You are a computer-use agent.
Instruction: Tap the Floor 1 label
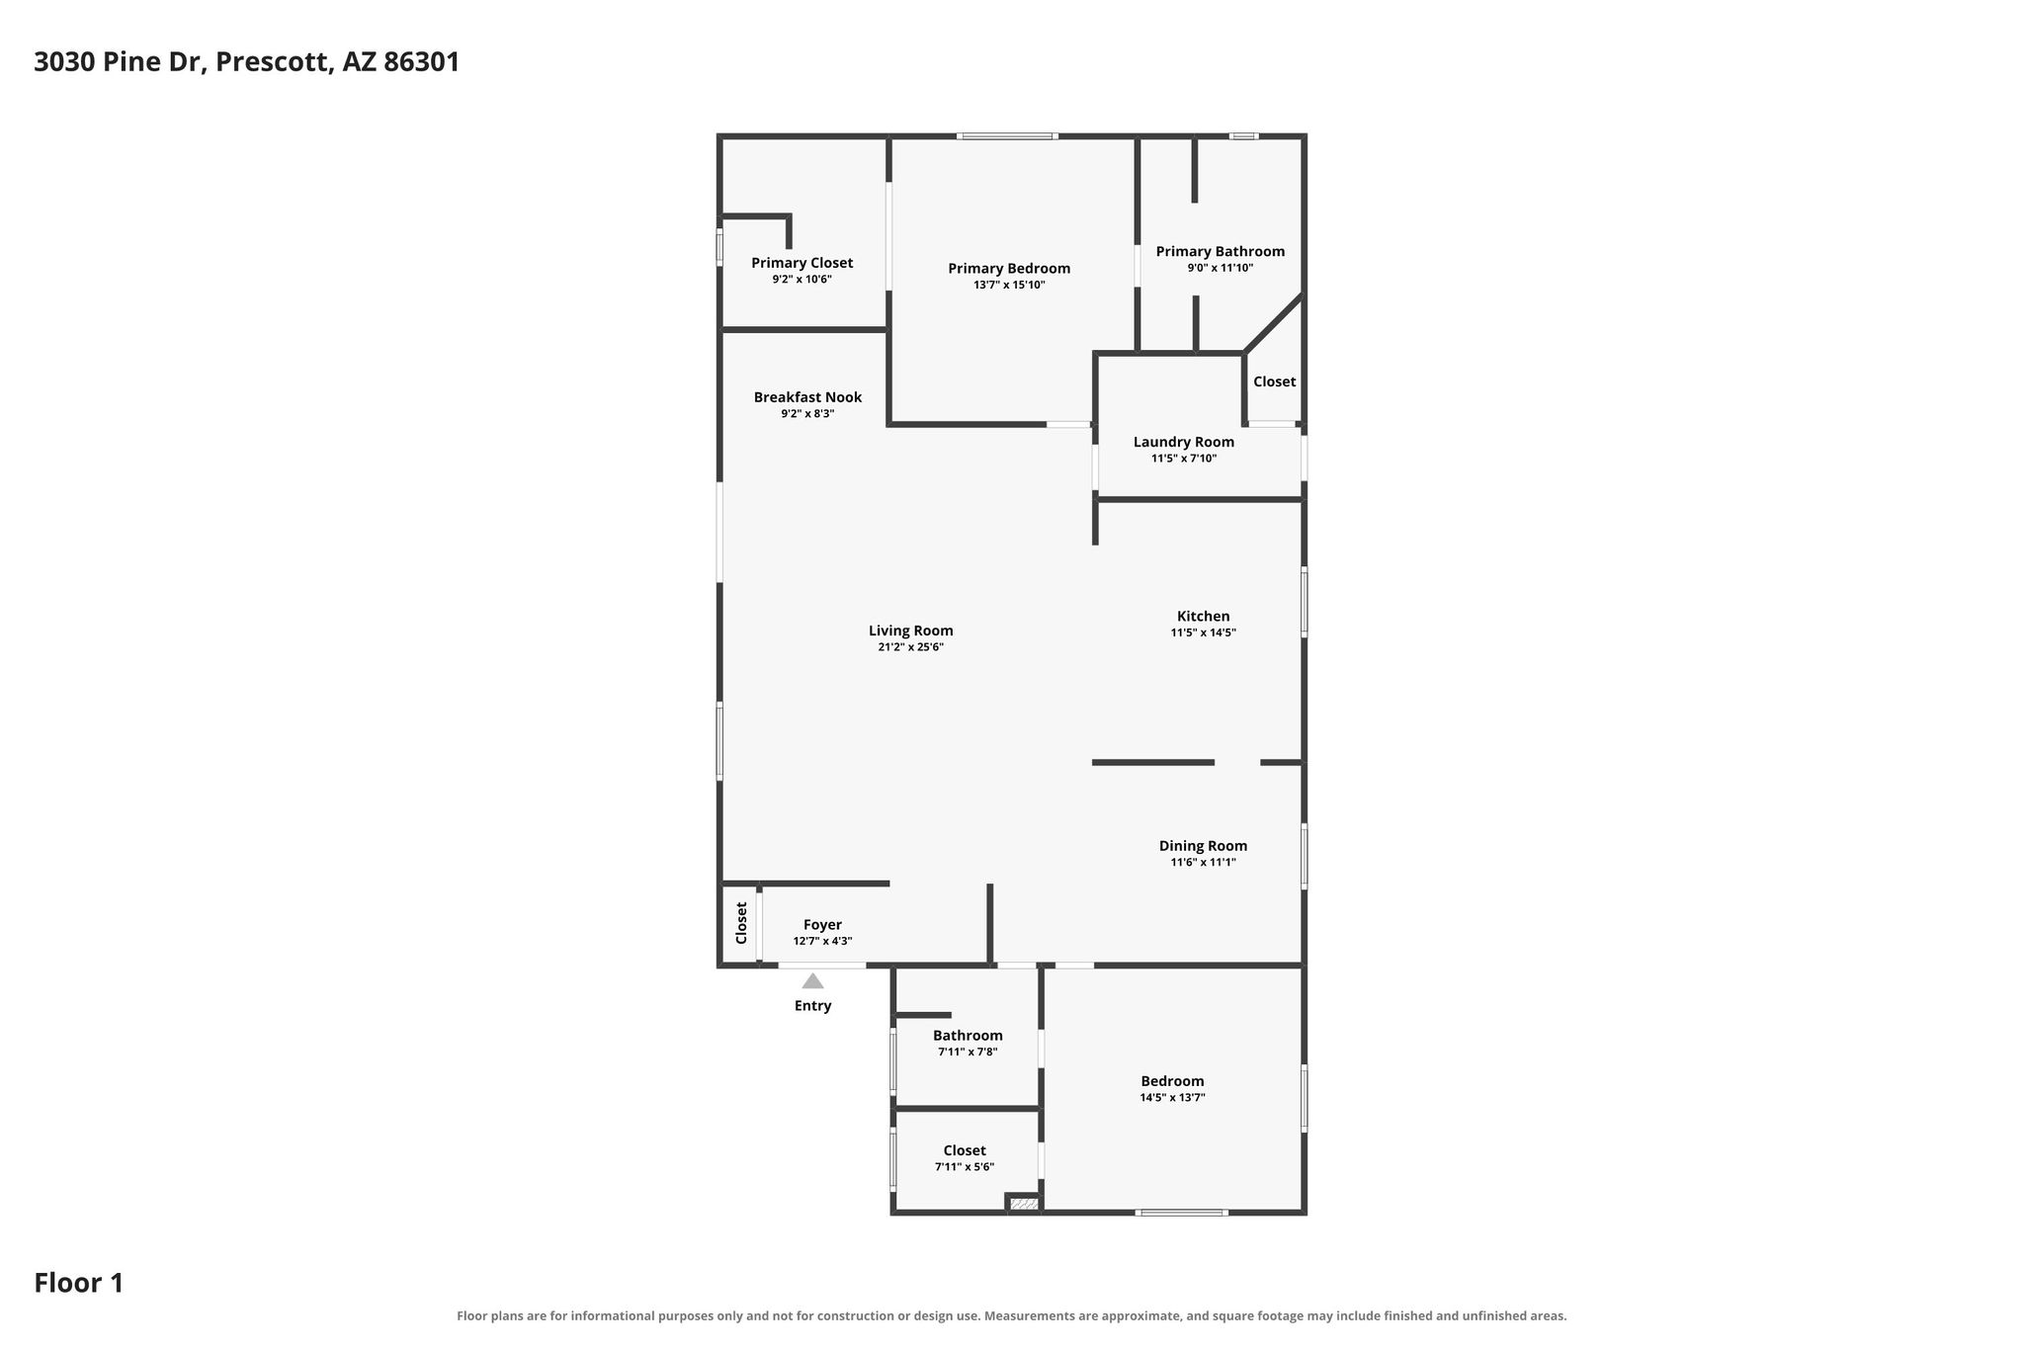[x=79, y=1283]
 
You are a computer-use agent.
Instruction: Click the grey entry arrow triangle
[x=812, y=980]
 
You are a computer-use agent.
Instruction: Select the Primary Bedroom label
[x=1009, y=269]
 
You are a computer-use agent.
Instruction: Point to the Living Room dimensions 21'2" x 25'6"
[x=911, y=647]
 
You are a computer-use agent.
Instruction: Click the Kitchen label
[x=1204, y=616]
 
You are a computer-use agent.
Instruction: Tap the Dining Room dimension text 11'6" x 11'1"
[x=1204, y=862]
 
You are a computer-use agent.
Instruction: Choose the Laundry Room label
[x=1184, y=442]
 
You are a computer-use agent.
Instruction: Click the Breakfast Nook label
[x=807, y=397]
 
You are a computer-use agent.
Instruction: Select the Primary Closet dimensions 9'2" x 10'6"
[x=802, y=280]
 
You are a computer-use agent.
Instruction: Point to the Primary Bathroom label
[x=1221, y=252]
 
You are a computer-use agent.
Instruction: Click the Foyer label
[x=822, y=925]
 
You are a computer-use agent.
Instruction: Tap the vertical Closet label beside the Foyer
[x=741, y=923]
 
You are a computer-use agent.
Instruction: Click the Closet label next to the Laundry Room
[x=1275, y=381]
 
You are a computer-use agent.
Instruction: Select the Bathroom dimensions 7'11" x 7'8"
[x=968, y=1052]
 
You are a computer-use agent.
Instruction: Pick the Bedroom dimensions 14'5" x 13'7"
[x=1173, y=1097]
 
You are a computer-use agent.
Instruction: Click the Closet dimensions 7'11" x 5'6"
[x=965, y=1166]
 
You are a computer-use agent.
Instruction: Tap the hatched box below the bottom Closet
[x=1024, y=1204]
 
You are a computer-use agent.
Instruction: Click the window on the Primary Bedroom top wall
[x=1007, y=136]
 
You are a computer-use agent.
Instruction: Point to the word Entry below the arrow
[x=813, y=1006]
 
